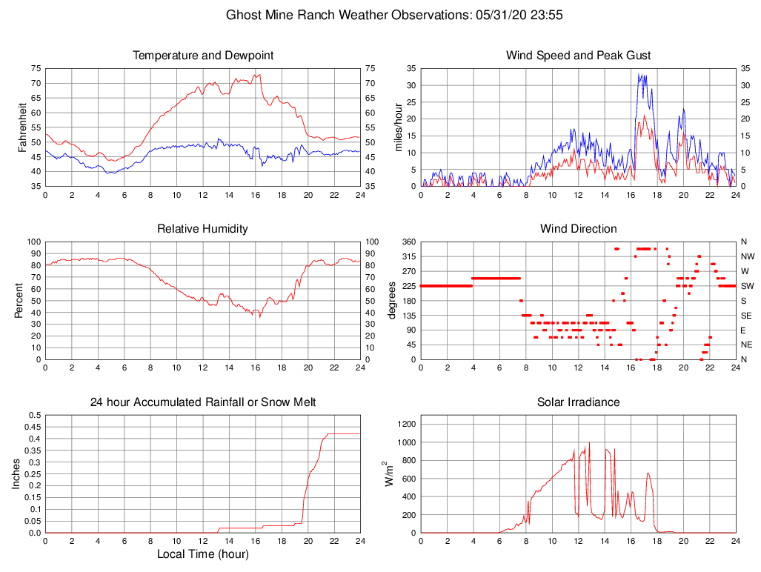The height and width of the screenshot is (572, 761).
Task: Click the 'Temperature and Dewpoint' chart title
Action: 203,56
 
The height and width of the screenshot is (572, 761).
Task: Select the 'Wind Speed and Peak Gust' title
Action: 579,56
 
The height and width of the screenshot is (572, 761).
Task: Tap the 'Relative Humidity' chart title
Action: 203,229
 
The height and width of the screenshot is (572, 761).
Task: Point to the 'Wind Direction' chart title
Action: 579,229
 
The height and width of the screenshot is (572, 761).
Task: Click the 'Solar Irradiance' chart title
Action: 579,402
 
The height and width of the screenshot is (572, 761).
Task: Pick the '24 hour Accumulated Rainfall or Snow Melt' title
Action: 203,402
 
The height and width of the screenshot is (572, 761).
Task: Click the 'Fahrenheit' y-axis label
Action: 22,127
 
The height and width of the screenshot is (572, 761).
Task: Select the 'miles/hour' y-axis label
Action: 398,127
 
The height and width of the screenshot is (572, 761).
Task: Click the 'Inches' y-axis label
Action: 16,474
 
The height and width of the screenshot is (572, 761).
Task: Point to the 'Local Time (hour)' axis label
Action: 203,553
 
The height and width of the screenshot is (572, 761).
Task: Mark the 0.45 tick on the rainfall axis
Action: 33,427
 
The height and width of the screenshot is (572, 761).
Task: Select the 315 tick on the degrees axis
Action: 408,256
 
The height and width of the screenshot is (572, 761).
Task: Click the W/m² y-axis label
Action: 388,474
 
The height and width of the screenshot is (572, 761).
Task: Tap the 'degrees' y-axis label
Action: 392,300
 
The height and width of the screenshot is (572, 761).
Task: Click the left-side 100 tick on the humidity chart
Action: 32,242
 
